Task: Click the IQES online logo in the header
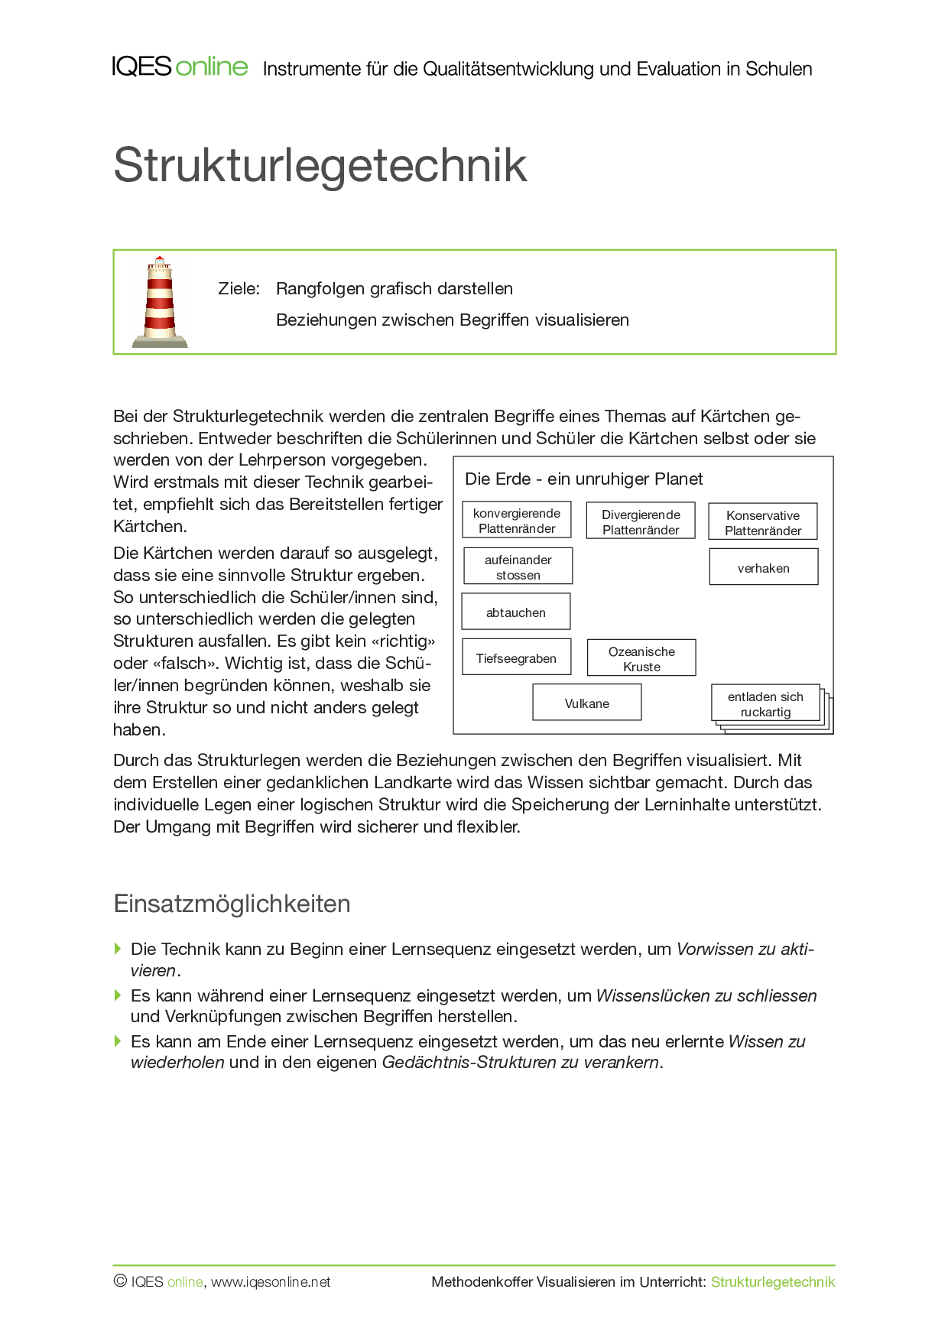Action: (180, 67)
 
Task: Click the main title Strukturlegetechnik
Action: (320, 164)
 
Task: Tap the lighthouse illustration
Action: (160, 303)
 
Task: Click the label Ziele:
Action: (239, 289)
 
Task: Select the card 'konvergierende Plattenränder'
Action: (517, 521)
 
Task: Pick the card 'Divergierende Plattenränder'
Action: (641, 522)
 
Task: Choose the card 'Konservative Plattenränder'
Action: (763, 523)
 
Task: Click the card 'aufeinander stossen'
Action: (518, 567)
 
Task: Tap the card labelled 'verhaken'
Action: (764, 568)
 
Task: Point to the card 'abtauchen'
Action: (516, 612)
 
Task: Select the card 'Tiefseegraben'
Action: (516, 658)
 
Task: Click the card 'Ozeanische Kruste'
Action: (641, 659)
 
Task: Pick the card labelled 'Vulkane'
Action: (587, 703)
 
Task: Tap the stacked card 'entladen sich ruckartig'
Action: (765, 704)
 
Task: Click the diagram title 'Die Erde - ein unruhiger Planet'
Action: (584, 479)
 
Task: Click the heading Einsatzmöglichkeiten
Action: (232, 904)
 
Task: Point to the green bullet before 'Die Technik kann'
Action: (118, 949)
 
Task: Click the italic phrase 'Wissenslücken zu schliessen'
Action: (706, 995)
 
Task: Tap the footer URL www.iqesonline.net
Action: (271, 1282)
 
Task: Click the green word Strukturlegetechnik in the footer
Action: (773, 1282)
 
